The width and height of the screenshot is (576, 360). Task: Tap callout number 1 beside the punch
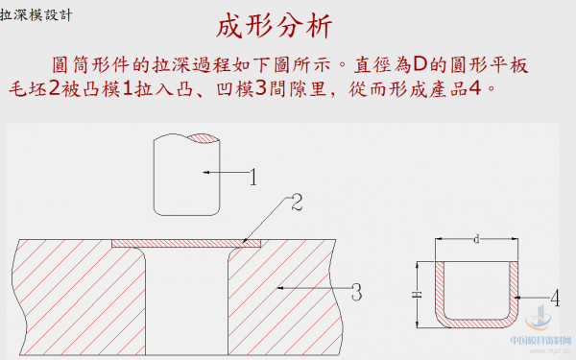(x=253, y=177)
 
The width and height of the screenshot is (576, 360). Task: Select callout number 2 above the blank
(x=298, y=203)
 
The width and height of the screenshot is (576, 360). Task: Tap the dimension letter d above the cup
(x=477, y=237)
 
